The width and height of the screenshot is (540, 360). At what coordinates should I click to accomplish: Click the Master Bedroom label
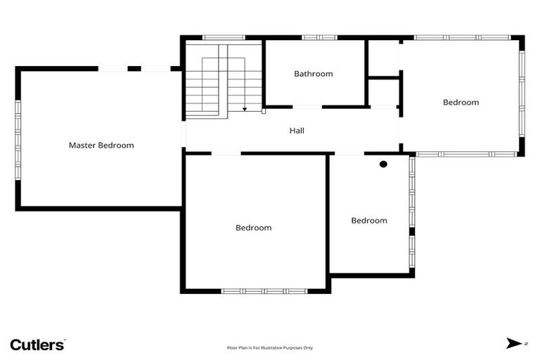tap(101, 146)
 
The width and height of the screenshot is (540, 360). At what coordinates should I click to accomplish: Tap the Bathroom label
tap(314, 74)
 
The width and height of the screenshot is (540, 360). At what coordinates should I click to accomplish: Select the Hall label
tap(297, 131)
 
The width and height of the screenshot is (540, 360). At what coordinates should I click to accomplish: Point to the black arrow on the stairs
tap(245, 109)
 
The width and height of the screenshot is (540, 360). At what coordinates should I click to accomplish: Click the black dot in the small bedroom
tap(383, 165)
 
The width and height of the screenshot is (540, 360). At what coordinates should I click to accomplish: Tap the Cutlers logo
tap(37, 344)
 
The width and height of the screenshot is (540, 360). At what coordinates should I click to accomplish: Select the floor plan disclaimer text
tap(270, 347)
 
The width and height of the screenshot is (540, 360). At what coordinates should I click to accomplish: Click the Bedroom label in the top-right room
tap(461, 103)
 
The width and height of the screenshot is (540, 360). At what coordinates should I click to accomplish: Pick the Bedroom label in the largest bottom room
tap(253, 228)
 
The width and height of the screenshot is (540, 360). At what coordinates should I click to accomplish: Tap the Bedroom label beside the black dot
tap(369, 221)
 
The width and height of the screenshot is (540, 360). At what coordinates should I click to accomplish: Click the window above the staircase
tap(224, 37)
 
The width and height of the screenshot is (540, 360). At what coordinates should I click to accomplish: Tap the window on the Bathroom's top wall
tap(320, 37)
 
